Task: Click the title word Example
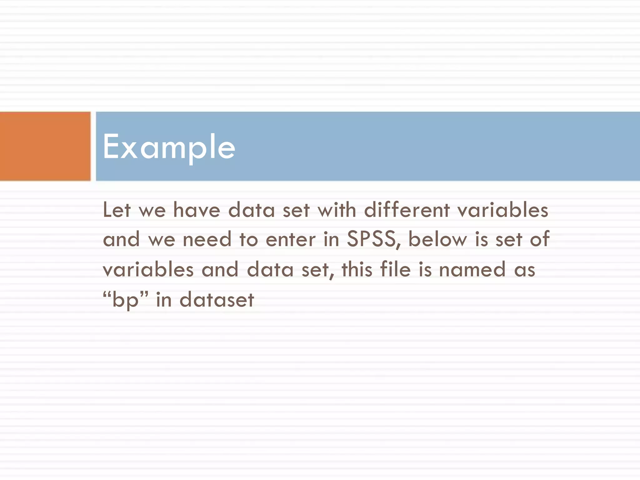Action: point(169,146)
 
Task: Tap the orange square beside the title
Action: point(45,146)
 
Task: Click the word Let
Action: point(117,210)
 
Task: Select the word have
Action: point(197,210)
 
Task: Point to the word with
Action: point(337,210)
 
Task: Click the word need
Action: point(207,239)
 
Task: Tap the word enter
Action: point(291,239)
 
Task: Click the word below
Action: point(437,239)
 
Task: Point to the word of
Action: point(539,239)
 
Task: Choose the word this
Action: point(357,269)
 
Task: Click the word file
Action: point(395,269)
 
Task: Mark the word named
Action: point(472,269)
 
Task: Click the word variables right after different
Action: point(503,210)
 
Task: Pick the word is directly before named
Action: point(425,269)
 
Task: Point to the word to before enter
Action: point(249,239)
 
